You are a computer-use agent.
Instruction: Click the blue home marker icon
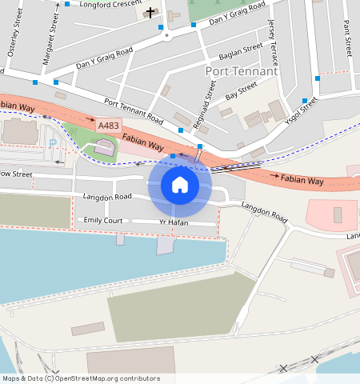[180, 185]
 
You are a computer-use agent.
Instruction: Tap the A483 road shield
[108, 126]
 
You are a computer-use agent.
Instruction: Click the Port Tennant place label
[241, 71]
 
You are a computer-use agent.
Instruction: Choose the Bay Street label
[241, 90]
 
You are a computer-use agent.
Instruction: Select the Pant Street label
[347, 38]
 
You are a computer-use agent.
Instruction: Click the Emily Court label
[103, 220]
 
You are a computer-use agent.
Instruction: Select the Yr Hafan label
[174, 222]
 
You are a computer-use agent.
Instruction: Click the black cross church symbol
[150, 12]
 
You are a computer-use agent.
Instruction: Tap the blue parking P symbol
[53, 143]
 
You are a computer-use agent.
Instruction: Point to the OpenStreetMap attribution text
[80, 378]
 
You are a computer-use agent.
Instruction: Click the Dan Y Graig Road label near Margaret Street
[104, 58]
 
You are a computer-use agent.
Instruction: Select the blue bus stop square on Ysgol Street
[305, 101]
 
